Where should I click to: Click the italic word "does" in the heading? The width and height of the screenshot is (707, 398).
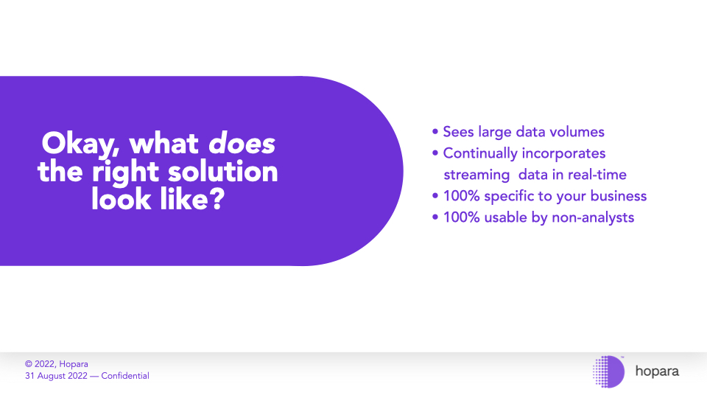pos(242,144)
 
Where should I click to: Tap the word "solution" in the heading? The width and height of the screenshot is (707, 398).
pos(222,172)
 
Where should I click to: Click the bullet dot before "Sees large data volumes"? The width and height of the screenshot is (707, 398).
pos(435,132)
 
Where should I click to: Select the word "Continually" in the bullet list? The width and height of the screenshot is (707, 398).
pos(480,154)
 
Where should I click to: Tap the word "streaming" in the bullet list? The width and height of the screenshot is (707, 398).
pos(476,175)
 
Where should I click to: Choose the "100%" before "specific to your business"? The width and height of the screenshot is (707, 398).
pos(461,196)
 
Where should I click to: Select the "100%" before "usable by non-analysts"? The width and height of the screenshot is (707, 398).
pos(461,217)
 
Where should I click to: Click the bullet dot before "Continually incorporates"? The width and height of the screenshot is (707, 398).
pos(435,153)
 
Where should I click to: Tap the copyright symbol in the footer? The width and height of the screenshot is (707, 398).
pos(29,364)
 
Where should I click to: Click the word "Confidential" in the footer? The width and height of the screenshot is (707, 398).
pos(125,376)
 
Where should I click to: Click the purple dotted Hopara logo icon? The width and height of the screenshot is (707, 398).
pos(608,371)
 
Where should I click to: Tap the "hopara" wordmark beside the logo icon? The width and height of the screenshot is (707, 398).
pos(657,371)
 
